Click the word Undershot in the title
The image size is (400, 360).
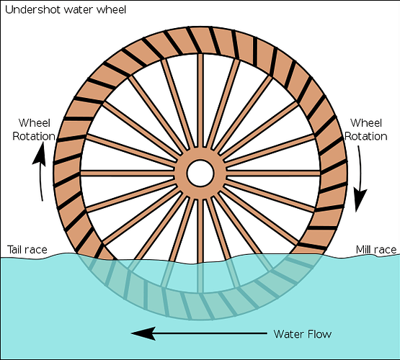(33, 9)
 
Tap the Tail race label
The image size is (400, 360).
(27, 250)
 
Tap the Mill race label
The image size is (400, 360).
(376, 250)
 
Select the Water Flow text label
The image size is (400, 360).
(303, 334)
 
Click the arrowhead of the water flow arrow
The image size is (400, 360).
(143, 333)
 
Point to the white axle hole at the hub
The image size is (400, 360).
(200, 173)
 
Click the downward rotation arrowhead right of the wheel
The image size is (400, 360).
(360, 200)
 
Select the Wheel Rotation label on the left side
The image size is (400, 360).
(34, 130)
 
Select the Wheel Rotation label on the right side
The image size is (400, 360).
(366, 130)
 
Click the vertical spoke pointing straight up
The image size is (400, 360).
(200, 100)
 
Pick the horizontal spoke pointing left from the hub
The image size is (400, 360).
(128, 174)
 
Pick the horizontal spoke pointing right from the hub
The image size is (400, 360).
(273, 174)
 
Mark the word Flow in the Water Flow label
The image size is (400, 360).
(320, 334)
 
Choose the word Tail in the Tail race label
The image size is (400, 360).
(14, 250)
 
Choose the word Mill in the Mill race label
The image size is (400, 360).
(362, 250)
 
